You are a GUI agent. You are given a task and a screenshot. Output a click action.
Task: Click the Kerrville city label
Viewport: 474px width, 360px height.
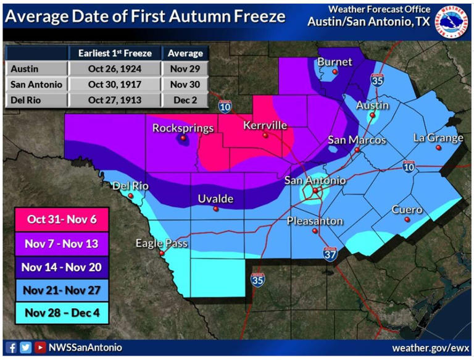tap(265, 125)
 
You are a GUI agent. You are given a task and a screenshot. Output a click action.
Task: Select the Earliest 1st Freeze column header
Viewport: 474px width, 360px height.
tap(114, 53)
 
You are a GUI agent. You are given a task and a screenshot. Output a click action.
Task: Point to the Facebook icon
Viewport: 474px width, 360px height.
tap(10, 348)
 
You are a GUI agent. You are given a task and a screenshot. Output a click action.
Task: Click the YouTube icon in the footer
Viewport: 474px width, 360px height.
tap(39, 348)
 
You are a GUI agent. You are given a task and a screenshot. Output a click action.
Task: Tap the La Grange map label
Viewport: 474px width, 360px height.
tap(438, 138)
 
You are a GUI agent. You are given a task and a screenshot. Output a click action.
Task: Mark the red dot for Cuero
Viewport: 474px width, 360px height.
tap(407, 220)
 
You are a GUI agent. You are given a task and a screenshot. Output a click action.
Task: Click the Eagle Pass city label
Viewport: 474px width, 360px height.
tap(157, 243)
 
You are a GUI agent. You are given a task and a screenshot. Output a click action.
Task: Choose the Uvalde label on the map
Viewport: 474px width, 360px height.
tap(215, 198)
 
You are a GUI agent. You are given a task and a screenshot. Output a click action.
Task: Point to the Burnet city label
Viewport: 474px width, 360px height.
tap(335, 62)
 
